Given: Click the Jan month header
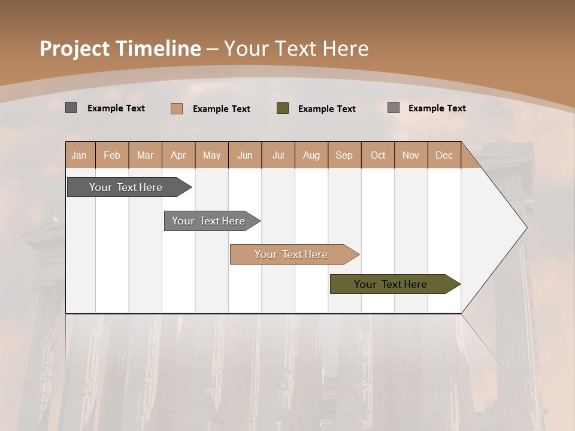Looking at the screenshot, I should [x=80, y=156].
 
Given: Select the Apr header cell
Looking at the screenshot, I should [x=178, y=156].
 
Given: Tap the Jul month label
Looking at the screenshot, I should [x=278, y=156].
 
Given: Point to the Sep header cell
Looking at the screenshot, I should [x=344, y=156].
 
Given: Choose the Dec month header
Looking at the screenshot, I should [x=444, y=156].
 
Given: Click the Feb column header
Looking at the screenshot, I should [x=112, y=156].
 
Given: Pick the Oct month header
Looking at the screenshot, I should [x=378, y=156].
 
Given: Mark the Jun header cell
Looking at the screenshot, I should [x=245, y=156].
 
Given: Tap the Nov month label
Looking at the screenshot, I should [x=411, y=156].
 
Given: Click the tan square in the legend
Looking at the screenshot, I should [x=177, y=108].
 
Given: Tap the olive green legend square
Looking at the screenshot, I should [x=283, y=108].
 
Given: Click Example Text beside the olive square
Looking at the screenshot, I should [x=326, y=109].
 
